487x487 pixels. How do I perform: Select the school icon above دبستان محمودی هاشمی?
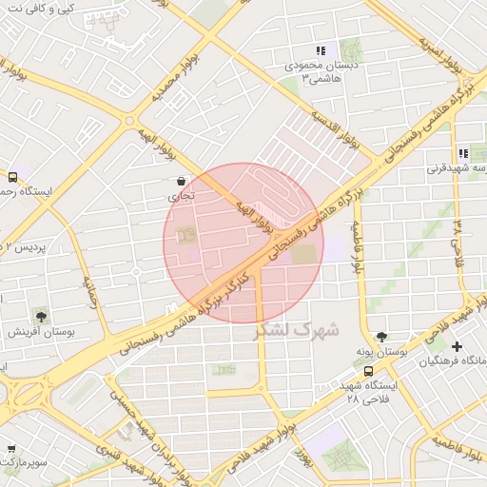click(x=321, y=50)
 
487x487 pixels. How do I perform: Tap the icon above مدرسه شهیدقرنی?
click(x=463, y=153)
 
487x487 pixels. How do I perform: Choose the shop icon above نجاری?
click(x=181, y=180)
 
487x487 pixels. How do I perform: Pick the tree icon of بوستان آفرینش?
click(x=41, y=316)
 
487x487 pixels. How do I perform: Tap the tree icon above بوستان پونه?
click(x=382, y=337)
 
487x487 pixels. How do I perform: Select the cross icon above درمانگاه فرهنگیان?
click(x=458, y=346)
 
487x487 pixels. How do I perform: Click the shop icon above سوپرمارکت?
click(x=10, y=449)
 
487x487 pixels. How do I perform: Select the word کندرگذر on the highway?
click(x=235, y=282)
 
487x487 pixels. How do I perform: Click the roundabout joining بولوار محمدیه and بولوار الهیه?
click(x=130, y=121)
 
